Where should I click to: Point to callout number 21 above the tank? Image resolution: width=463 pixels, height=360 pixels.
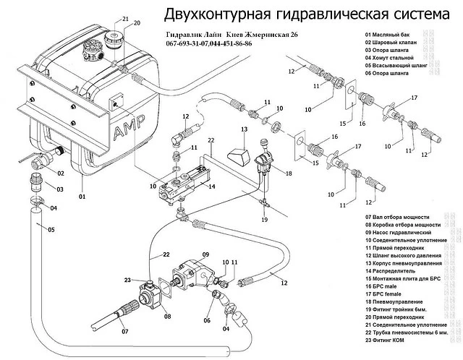(125, 18)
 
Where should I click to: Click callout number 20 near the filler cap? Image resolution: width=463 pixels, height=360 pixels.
(137, 24)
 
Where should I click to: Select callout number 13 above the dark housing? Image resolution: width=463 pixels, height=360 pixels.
(244, 129)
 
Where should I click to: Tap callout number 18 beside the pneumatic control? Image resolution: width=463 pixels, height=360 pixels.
(288, 174)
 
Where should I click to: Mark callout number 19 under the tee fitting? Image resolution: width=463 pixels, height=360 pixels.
(265, 218)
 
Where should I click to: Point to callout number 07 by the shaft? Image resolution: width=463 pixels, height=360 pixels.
(124, 331)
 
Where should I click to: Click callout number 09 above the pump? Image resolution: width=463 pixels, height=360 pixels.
(205, 254)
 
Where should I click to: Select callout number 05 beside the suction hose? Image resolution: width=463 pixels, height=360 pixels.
(51, 230)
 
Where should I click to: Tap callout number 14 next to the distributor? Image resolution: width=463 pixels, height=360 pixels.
(212, 186)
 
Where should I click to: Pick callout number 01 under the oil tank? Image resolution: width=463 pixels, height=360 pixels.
(82, 197)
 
